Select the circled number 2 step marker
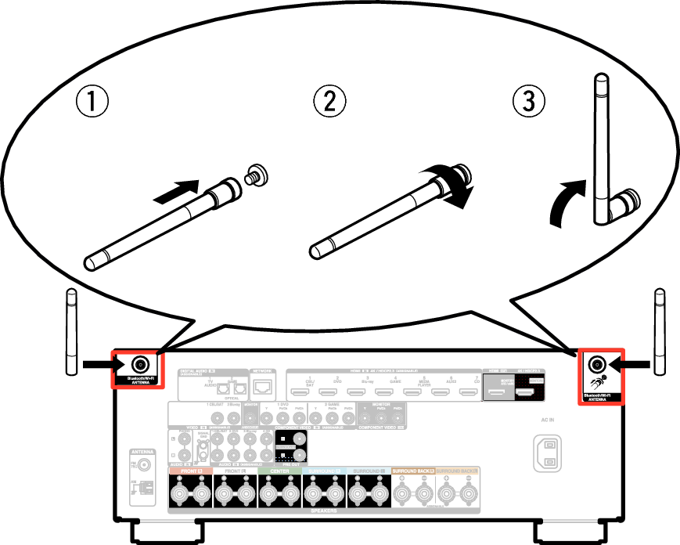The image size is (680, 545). [x=329, y=101]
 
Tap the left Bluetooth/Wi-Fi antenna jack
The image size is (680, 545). [x=140, y=365]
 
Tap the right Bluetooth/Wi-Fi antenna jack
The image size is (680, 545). [x=596, y=364]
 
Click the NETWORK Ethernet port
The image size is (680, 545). [x=263, y=386]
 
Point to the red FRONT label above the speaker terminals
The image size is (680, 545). [x=190, y=471]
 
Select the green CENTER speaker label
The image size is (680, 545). [x=279, y=471]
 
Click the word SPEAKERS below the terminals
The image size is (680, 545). [x=323, y=511]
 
